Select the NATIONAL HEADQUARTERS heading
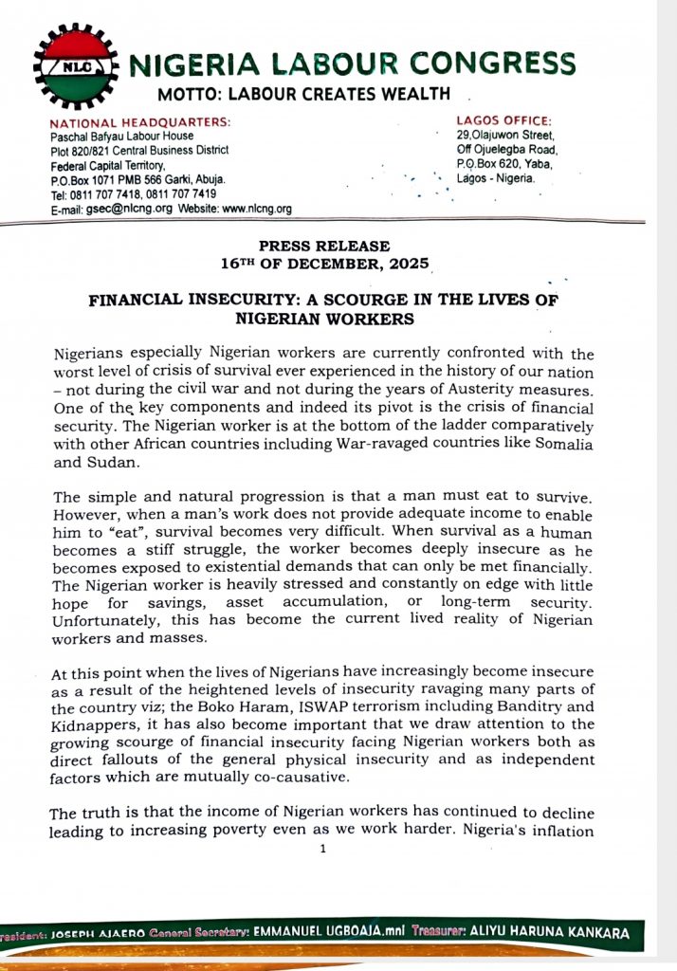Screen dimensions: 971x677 140,122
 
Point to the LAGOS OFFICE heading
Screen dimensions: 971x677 504,120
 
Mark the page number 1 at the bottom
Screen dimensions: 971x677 322,849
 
